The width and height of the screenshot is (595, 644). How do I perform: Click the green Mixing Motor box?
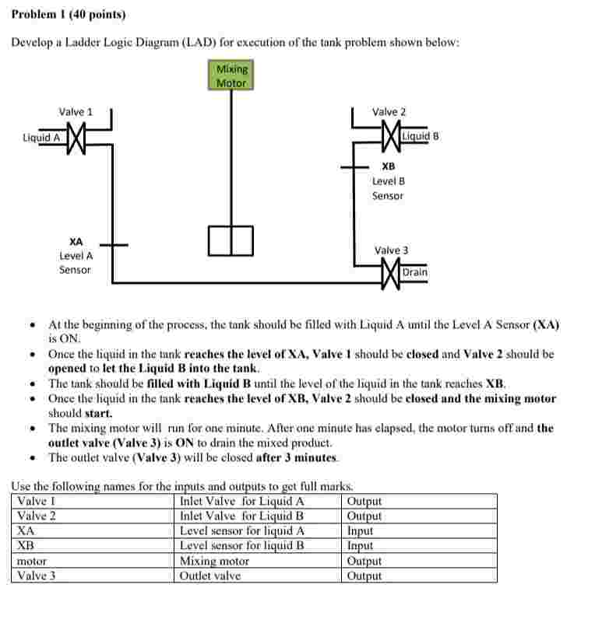point(231,75)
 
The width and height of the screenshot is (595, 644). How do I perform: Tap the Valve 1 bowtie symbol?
point(76,140)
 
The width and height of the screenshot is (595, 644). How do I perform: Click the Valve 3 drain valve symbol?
point(389,273)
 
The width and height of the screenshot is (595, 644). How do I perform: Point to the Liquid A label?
point(41,138)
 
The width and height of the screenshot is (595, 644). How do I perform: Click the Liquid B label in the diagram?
point(421,136)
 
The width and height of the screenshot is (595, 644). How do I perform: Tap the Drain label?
point(415,272)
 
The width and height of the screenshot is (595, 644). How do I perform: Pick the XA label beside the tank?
point(76,241)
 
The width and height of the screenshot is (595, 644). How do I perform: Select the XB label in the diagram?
point(388,166)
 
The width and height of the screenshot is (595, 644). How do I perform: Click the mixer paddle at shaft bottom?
point(231,240)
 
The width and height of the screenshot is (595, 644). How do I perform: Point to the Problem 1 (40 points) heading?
point(69,14)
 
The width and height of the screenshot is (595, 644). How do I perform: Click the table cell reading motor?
point(32,561)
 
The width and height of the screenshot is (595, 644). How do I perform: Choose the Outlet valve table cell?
point(210,576)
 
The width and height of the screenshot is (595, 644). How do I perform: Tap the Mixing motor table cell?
point(214,561)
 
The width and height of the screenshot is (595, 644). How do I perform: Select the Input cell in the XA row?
point(360,530)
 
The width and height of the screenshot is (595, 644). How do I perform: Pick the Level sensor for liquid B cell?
point(241,545)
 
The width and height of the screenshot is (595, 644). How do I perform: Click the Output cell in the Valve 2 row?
point(364,516)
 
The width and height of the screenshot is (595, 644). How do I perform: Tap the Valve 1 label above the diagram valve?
point(76,112)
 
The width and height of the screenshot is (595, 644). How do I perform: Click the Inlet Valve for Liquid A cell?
point(241,501)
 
